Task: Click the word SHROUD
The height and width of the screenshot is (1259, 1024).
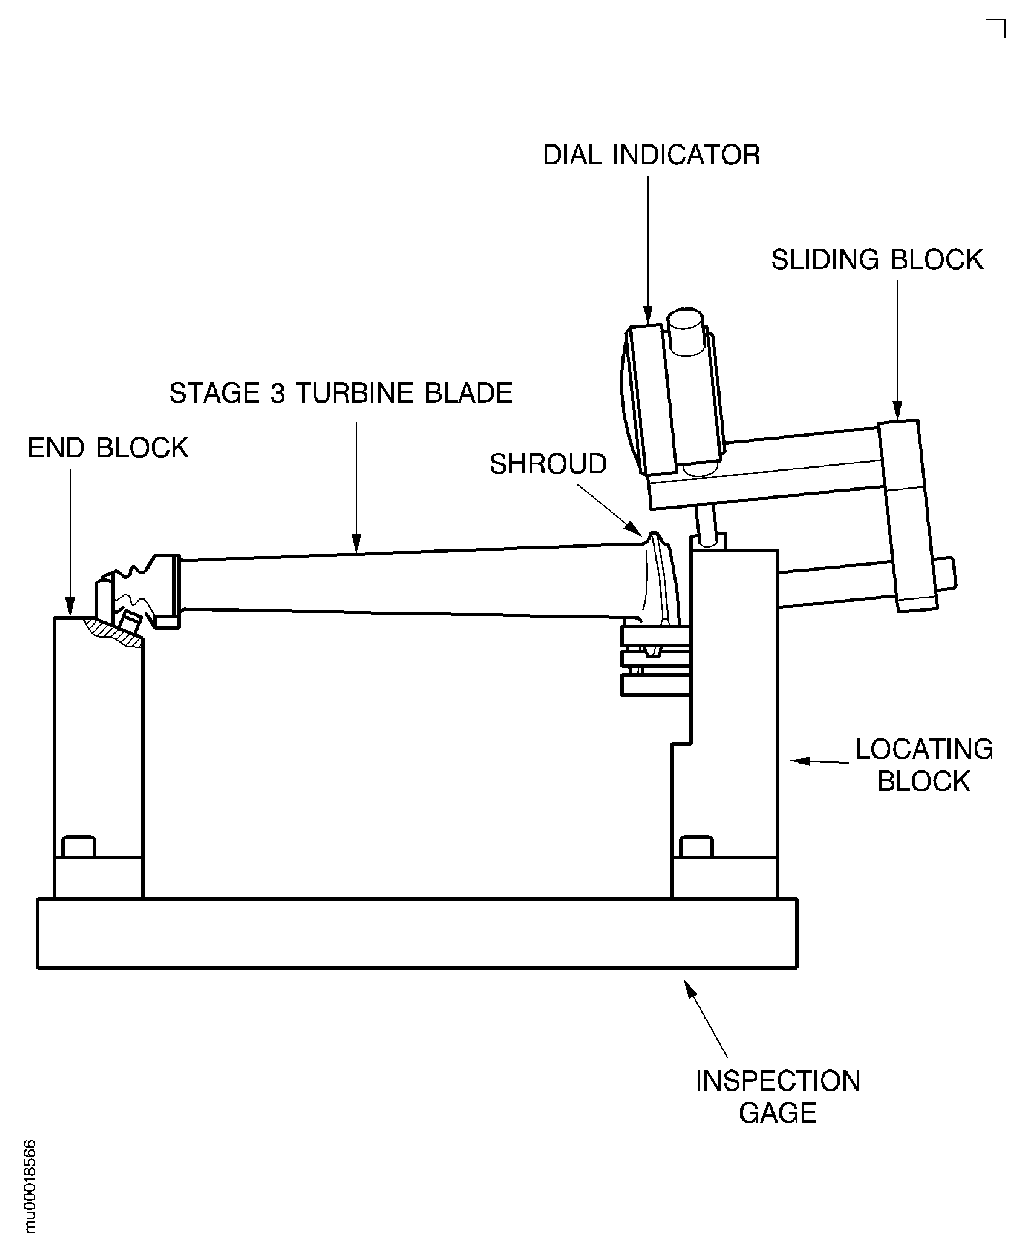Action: click(548, 464)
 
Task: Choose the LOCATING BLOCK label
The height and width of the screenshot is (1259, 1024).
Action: click(924, 765)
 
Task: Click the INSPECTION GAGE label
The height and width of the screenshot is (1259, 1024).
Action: click(778, 1097)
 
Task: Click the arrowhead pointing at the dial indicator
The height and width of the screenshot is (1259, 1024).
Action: click(648, 316)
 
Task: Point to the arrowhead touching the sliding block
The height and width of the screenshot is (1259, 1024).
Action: click(897, 410)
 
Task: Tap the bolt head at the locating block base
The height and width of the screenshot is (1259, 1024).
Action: click(696, 846)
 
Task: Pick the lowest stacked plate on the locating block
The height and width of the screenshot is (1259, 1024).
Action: click(655, 685)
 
